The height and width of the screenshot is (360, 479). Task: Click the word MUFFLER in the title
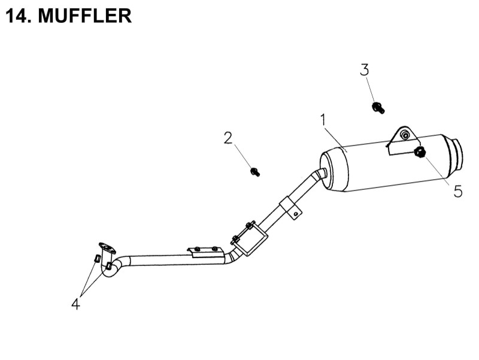tap(84, 16)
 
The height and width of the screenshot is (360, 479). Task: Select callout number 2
tap(228, 138)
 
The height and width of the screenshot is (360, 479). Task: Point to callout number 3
tap(365, 69)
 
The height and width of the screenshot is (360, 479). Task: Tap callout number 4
tap(75, 304)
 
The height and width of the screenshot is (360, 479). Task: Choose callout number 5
tap(457, 192)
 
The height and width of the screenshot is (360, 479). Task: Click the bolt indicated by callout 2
tap(255, 172)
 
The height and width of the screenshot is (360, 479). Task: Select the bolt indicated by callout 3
tap(378, 108)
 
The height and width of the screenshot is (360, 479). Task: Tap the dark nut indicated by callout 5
tap(420, 153)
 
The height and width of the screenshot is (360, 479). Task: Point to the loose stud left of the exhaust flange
tap(96, 259)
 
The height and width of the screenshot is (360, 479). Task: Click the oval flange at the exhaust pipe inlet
tap(107, 246)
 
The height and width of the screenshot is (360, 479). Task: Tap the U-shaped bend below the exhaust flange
tap(110, 271)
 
